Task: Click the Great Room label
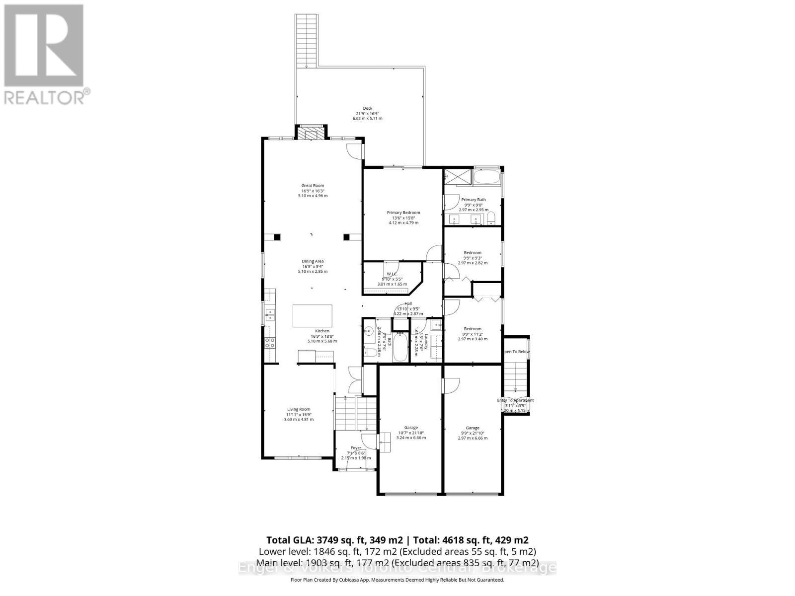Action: pos(313,186)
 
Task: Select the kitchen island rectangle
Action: pos(313,315)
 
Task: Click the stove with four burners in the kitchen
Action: pos(270,342)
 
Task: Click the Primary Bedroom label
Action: pos(403,213)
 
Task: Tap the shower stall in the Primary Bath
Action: pos(453,176)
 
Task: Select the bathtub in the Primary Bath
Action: pos(487,177)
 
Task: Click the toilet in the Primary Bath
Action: pos(491,219)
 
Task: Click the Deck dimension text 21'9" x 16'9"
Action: pos(367,113)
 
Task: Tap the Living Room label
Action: pos(299,409)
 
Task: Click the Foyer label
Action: pos(356,447)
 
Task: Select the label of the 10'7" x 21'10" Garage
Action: pos(411,427)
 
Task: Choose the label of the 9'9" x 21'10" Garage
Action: pos(473,428)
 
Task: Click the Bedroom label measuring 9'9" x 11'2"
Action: pos(473,329)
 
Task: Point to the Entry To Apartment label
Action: pos(516,400)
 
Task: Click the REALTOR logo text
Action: pos(48,96)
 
